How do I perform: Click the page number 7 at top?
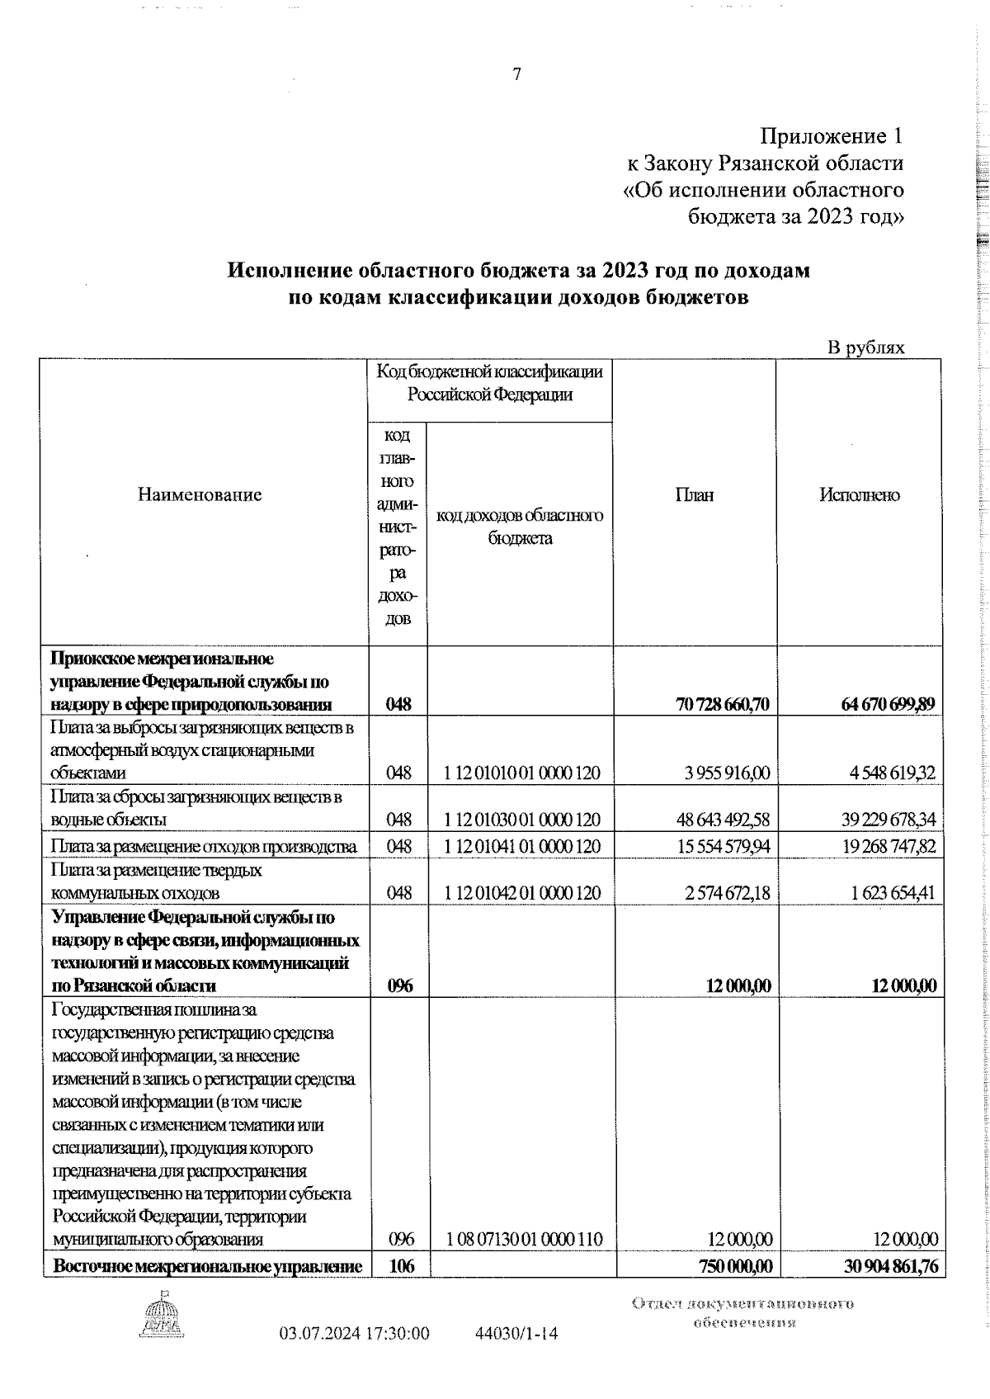point(517,75)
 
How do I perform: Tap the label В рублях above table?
point(865,347)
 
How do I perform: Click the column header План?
point(695,494)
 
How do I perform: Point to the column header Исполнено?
point(859,494)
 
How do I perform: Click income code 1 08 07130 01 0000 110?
point(524,1262)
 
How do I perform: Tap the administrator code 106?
point(400,1289)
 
